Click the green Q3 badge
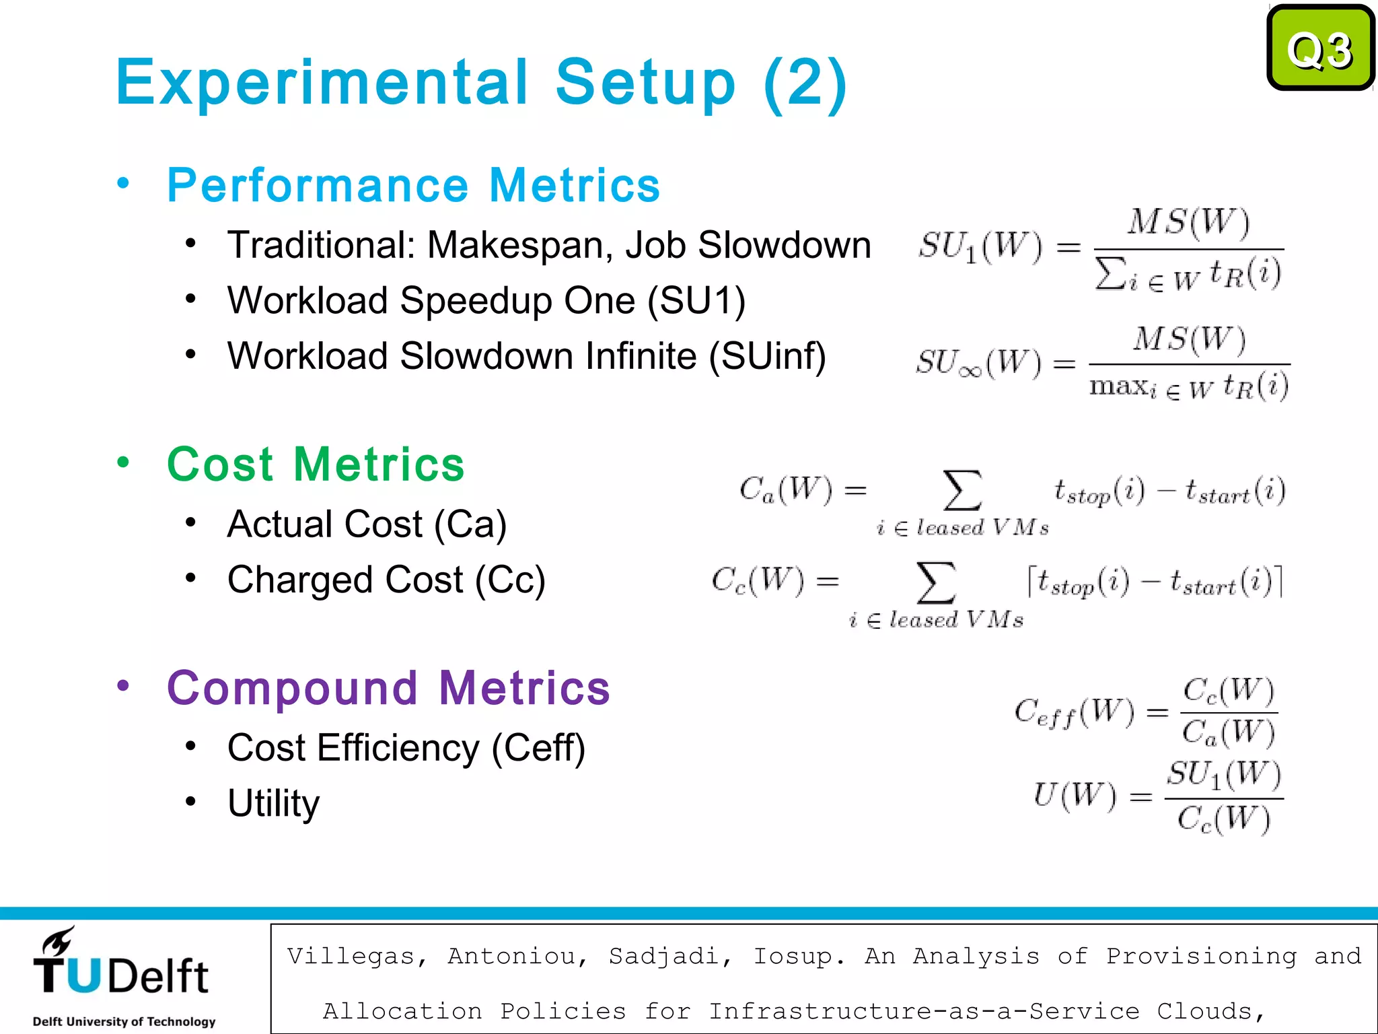point(1319,48)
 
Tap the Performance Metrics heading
point(413,185)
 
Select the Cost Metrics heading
point(316,464)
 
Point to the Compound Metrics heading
point(388,688)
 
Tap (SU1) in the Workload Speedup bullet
point(696,301)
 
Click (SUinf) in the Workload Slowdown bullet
point(767,356)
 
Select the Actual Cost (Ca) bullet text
point(367,524)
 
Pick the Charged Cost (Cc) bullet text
point(386,580)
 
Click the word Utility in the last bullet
point(273,803)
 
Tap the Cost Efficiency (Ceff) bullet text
point(406,748)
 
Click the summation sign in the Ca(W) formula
point(962,490)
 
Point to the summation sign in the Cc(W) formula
point(935,582)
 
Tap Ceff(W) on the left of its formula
point(1074,712)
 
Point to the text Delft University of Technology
point(124,1021)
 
